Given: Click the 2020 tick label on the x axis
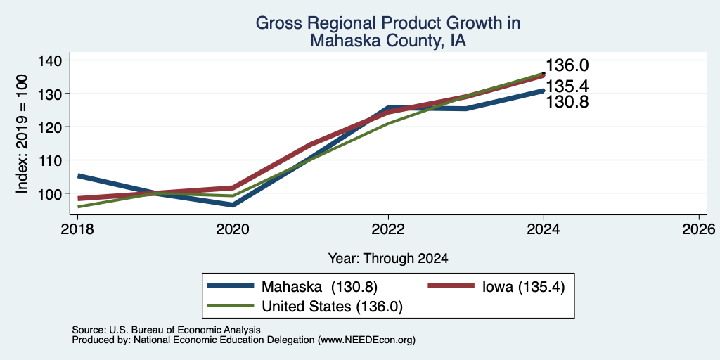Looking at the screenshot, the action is pyautogui.click(x=233, y=229).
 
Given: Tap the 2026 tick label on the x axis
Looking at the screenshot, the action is pyautogui.click(x=699, y=229).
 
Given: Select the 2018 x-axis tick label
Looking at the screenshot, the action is pyautogui.click(x=77, y=229).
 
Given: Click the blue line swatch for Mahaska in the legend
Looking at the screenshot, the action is pyautogui.click(x=231, y=286).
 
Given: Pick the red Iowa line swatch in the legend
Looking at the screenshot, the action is pyautogui.click(x=451, y=286).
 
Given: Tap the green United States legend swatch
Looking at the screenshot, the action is pyautogui.click(x=231, y=305).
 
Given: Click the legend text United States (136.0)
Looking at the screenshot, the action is pyautogui.click(x=332, y=307).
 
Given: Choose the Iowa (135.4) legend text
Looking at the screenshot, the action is pyautogui.click(x=523, y=287).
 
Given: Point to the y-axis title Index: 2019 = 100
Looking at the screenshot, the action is pyautogui.click(x=22, y=134).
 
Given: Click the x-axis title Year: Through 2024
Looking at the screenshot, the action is pyautogui.click(x=388, y=259).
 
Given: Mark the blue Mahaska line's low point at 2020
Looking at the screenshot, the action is pyautogui.click(x=233, y=205).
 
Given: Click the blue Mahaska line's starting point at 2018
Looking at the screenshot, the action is pyautogui.click(x=78, y=176).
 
